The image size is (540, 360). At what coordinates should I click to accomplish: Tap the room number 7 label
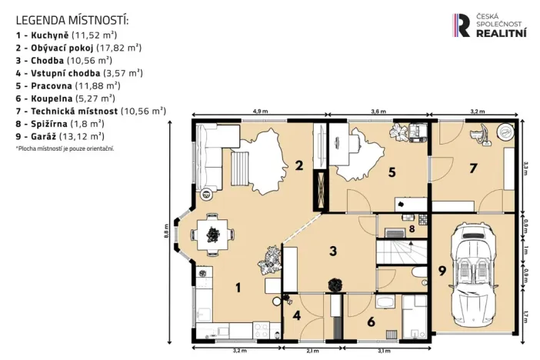point(474,168)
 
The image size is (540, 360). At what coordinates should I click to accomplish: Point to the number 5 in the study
point(392,172)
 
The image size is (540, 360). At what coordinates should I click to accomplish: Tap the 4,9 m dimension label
point(260,112)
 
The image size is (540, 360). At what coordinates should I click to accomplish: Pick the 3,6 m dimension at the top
point(378,112)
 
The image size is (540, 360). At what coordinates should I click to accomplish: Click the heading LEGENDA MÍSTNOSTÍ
point(72,19)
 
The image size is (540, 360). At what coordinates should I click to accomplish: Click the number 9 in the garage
point(442,270)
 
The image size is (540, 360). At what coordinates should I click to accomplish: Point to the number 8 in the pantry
point(412,228)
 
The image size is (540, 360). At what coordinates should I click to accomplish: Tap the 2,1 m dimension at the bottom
point(312,352)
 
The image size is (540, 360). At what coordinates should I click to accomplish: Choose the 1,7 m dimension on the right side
point(525,315)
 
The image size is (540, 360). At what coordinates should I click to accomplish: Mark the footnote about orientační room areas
point(65,148)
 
